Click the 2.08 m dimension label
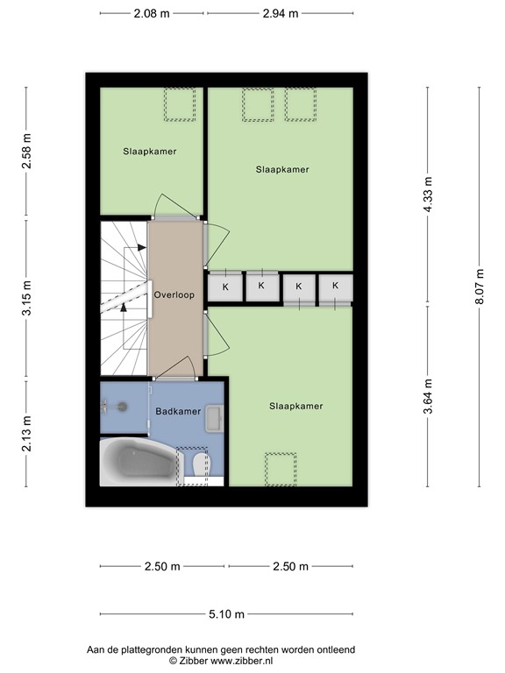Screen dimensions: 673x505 click(153, 13)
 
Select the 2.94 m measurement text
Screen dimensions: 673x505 click(281, 13)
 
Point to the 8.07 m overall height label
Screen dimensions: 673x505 click(479, 287)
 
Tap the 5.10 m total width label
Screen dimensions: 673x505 click(226, 614)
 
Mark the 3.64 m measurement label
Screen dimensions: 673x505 click(427, 396)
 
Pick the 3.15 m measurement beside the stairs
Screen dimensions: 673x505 click(26, 299)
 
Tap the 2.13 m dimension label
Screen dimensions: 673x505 click(26, 433)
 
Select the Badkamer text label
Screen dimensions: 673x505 click(178, 411)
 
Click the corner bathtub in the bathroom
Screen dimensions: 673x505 click(136, 462)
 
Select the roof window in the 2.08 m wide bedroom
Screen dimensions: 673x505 click(181, 104)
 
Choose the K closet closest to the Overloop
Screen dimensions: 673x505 click(224, 287)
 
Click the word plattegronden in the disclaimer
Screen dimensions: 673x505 click(150, 649)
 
